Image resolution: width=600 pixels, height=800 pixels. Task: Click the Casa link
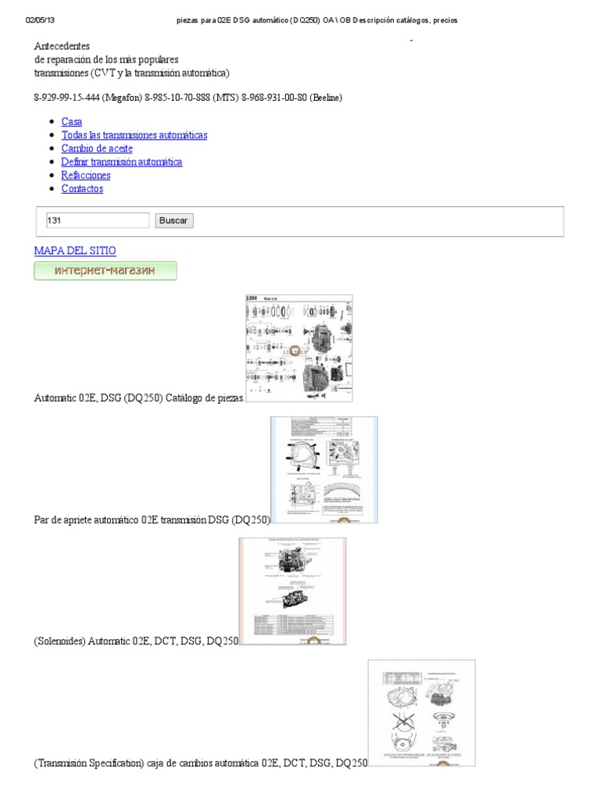click(71, 122)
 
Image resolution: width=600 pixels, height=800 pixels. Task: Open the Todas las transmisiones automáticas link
click(134, 135)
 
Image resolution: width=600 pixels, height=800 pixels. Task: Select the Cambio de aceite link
click(97, 148)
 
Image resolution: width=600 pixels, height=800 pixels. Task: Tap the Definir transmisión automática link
click(121, 162)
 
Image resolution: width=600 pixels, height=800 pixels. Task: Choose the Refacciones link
click(86, 175)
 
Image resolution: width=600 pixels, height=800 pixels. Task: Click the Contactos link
click(82, 188)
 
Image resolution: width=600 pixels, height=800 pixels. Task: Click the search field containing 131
click(98, 220)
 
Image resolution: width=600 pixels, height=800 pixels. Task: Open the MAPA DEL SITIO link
click(75, 251)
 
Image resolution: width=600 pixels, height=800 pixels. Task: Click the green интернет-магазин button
click(105, 271)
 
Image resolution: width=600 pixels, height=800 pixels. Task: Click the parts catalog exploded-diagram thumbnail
click(298, 348)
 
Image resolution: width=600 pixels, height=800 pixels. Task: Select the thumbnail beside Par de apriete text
click(323, 470)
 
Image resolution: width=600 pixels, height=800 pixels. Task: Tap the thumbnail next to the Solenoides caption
click(292, 591)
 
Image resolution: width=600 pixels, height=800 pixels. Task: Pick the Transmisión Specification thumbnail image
click(421, 713)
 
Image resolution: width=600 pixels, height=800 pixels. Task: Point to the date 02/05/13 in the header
click(41, 20)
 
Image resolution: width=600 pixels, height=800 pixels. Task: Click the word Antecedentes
click(62, 46)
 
